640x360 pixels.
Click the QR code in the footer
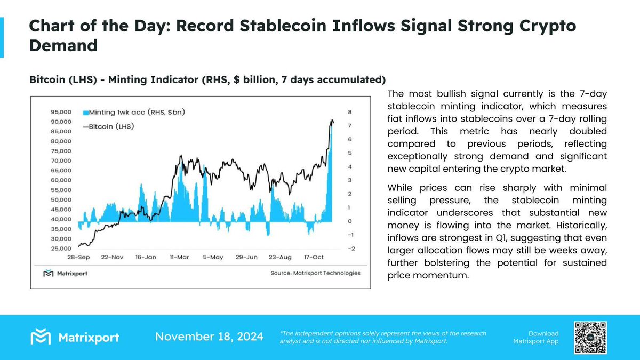click(x=590, y=337)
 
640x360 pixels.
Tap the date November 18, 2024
click(x=209, y=337)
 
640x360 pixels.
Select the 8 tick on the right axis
click(x=349, y=113)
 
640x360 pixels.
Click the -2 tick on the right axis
click(x=350, y=249)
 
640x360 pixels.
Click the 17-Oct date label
click(x=314, y=257)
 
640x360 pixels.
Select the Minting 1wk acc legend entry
click(x=133, y=113)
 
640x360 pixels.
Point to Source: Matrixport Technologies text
click(x=315, y=273)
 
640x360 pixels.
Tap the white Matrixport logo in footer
click(x=75, y=337)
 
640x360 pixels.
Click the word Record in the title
click(x=228, y=27)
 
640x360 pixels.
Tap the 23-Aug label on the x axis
click(x=280, y=257)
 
